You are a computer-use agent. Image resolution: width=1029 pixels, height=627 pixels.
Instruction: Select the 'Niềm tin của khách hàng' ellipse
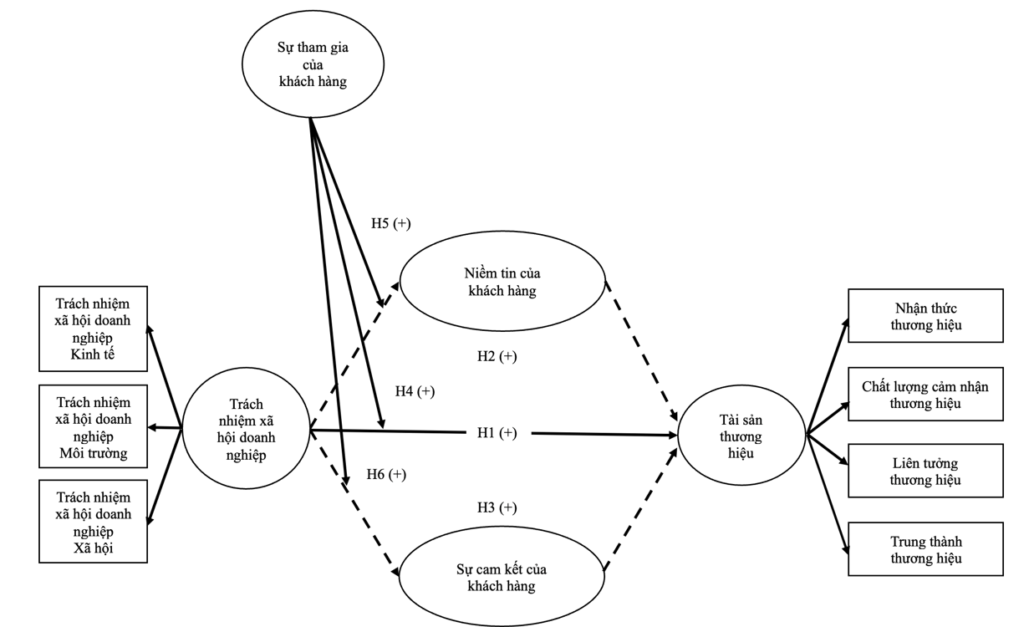pyautogui.click(x=502, y=282)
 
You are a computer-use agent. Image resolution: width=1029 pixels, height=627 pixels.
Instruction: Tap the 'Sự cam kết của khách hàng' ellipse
pyautogui.click(x=502, y=576)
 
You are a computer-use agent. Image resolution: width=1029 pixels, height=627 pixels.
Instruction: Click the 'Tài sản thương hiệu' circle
pyautogui.click(x=741, y=436)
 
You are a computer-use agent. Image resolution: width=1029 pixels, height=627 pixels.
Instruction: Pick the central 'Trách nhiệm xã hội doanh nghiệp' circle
pyautogui.click(x=245, y=430)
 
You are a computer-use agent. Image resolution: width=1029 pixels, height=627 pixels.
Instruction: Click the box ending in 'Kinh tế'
pyautogui.click(x=93, y=329)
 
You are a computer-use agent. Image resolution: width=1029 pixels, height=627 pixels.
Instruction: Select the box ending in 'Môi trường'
pyautogui.click(x=93, y=426)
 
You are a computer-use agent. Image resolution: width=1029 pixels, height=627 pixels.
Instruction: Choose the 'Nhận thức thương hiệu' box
pyautogui.click(x=925, y=316)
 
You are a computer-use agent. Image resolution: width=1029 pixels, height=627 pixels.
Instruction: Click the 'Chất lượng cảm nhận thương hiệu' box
pyautogui.click(x=925, y=394)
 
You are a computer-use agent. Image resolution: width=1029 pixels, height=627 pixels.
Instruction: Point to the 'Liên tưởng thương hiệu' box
pyautogui.click(x=925, y=471)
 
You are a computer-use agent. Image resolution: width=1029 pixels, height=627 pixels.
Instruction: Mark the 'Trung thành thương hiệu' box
pyautogui.click(x=925, y=548)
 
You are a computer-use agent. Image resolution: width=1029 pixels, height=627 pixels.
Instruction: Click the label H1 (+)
pyautogui.click(x=497, y=432)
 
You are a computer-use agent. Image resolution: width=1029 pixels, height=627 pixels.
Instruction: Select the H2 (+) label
pyautogui.click(x=497, y=357)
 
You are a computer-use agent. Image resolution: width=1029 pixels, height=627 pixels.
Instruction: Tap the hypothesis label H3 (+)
pyautogui.click(x=497, y=507)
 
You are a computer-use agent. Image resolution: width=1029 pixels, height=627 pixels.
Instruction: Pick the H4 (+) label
pyautogui.click(x=415, y=391)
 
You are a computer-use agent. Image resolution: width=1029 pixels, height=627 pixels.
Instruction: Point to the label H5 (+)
pyautogui.click(x=391, y=224)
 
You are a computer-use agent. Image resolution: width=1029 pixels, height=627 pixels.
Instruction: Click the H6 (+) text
pyautogui.click(x=386, y=475)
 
